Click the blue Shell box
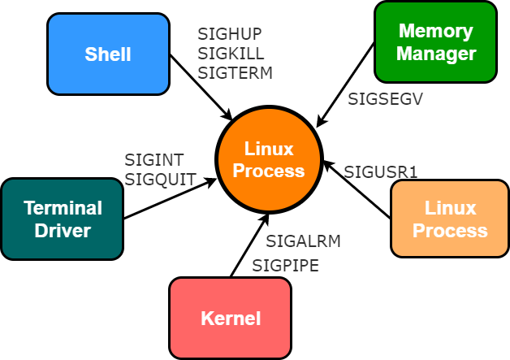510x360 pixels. (108, 54)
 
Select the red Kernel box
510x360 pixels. (231, 318)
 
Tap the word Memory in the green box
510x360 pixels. (435, 32)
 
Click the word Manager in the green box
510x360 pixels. (435, 54)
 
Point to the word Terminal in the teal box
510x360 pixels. (63, 208)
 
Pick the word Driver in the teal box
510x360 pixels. (63, 231)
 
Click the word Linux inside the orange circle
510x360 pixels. (268, 150)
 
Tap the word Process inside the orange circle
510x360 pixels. (268, 171)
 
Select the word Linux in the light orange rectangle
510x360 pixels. (450, 208)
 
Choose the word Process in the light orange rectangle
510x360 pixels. (450, 230)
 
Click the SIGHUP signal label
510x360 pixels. (230, 34)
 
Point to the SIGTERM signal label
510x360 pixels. (235, 73)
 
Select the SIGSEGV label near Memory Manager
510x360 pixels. (385, 99)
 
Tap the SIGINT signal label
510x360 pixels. (154, 160)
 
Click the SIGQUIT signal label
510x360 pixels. (160, 180)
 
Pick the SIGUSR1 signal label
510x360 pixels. (380, 172)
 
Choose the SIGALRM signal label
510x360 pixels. (303, 241)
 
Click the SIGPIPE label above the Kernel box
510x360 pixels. (285, 266)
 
